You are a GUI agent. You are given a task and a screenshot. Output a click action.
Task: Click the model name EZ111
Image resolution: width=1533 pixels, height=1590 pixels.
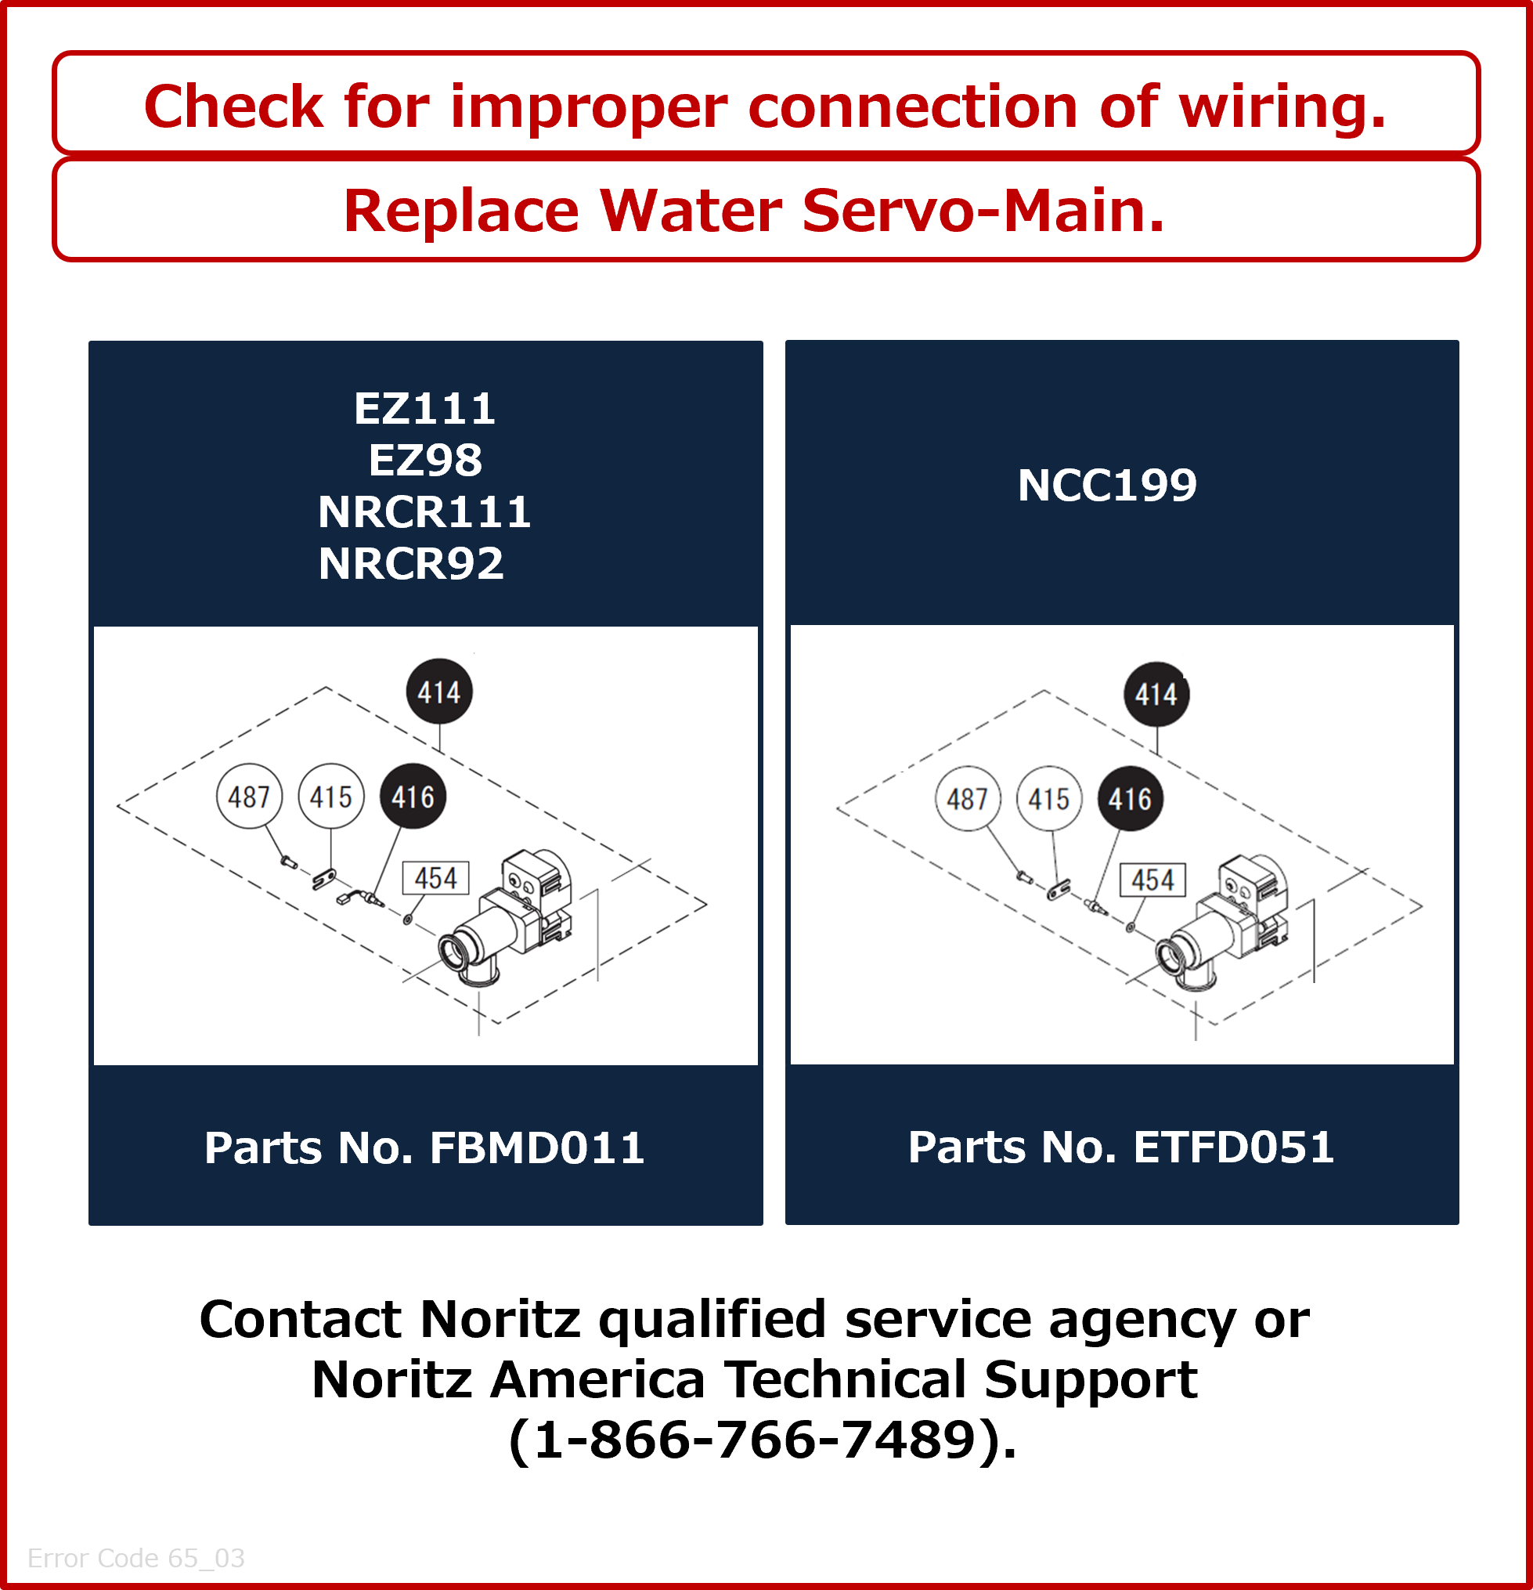click(424, 408)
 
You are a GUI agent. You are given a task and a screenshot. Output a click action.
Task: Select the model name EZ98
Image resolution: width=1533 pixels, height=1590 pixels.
click(425, 460)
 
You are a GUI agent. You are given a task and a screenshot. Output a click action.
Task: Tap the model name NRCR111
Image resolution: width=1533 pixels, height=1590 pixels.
click(424, 512)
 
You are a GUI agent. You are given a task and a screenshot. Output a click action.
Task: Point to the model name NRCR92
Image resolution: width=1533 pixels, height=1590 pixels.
click(411, 564)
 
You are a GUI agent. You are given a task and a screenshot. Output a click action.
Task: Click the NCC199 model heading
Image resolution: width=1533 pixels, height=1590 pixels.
click(1107, 485)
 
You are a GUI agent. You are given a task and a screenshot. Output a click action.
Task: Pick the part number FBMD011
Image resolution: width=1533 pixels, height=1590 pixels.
click(537, 1148)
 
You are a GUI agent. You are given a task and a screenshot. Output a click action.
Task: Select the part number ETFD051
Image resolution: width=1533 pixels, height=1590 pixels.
click(1233, 1147)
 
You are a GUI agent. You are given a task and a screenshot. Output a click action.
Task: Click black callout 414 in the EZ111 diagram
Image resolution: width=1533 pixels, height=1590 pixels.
click(438, 692)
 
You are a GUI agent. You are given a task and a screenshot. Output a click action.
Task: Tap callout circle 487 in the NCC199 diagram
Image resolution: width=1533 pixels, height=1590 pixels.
click(968, 799)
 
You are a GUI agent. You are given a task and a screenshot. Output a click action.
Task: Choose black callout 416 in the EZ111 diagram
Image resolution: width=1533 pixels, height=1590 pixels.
click(413, 797)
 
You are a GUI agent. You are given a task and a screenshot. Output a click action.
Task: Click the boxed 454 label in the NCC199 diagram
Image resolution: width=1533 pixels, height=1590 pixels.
click(1152, 880)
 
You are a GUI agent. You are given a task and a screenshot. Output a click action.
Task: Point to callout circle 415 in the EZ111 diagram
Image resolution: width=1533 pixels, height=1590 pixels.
click(331, 797)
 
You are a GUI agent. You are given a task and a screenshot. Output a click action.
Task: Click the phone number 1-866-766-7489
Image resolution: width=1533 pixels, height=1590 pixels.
click(754, 1440)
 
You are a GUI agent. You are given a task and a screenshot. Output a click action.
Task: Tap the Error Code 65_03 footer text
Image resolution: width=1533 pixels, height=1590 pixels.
click(136, 1558)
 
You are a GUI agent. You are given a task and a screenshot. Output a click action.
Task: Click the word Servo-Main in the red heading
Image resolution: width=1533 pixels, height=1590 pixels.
click(983, 211)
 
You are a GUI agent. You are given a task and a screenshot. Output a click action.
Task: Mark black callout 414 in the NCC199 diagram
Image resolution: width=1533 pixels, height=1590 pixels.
click(1156, 695)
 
